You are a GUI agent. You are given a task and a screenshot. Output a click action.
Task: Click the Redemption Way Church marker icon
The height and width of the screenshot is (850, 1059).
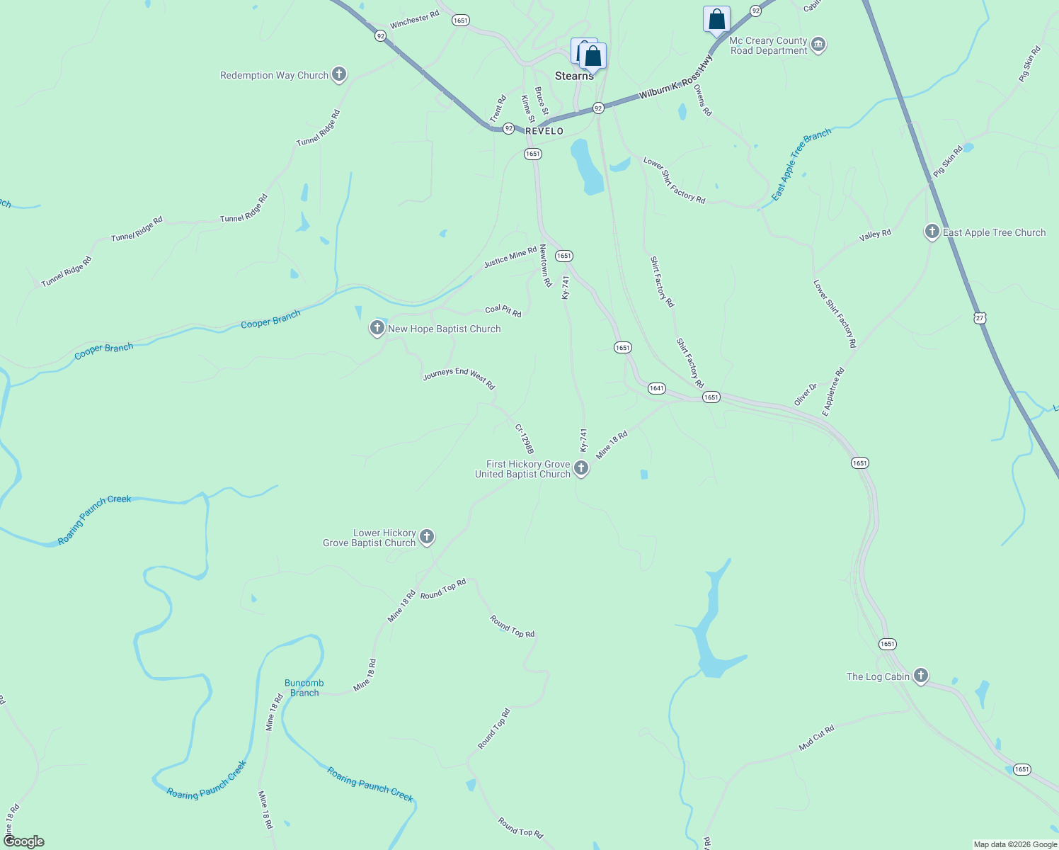point(339,74)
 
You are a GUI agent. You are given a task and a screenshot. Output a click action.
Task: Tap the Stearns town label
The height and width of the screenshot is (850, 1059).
point(573,76)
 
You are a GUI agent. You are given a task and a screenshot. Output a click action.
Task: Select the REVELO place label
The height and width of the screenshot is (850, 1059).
point(544,131)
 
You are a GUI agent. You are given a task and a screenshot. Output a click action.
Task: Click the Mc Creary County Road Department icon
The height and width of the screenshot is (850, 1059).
point(818,45)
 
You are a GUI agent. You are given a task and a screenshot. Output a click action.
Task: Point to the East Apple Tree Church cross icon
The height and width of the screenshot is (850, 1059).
point(932,232)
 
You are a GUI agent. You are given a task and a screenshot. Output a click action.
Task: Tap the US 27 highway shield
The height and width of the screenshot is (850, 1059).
point(980,318)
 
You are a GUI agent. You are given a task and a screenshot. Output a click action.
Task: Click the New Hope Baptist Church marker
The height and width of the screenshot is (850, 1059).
point(377,328)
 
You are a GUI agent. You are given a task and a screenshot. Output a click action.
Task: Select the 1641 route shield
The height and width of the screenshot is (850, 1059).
point(656,388)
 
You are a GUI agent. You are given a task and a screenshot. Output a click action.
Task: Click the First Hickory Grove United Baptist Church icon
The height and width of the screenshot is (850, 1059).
point(581,467)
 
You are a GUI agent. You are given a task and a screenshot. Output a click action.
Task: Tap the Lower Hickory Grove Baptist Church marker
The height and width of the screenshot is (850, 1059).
point(427,537)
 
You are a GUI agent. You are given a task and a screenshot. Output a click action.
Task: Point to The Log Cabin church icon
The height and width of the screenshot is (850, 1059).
point(921,676)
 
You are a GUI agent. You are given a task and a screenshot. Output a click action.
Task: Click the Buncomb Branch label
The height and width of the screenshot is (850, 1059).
point(304,688)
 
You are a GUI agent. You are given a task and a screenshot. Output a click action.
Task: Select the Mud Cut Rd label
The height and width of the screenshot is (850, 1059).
point(816,737)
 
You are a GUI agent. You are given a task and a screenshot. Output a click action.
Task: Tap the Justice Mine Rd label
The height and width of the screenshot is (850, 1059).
point(510,257)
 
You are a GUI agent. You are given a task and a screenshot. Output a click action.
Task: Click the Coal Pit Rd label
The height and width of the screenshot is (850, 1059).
point(503,310)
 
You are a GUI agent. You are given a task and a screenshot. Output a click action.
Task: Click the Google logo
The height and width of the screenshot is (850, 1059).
point(24,841)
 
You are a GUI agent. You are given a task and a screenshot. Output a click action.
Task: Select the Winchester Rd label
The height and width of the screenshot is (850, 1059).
point(415,19)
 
